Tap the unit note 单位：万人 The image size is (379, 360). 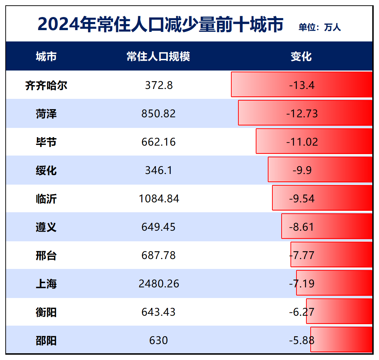tap(319, 28)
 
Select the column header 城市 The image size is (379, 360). tap(46, 56)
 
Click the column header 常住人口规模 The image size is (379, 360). tap(158, 56)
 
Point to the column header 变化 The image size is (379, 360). tap(301, 56)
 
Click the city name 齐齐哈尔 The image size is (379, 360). tap(46, 85)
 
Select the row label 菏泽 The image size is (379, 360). tap(46, 114)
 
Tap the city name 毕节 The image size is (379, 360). tap(46, 142)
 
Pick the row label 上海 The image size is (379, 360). tap(46, 284)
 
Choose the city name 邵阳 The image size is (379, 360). tap(46, 341)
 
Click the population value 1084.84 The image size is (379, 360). tap(159, 199)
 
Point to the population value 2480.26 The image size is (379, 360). tap(159, 284)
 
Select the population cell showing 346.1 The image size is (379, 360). tap(159, 170)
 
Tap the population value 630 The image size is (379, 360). tap(158, 341)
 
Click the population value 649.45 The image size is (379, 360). tap(159, 227)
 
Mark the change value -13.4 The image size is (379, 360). tap(302, 85)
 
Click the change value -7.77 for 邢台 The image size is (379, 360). tap(302, 255)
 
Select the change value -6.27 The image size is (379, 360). tap(302, 312)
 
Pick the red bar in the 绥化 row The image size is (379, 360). tap(340, 169)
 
